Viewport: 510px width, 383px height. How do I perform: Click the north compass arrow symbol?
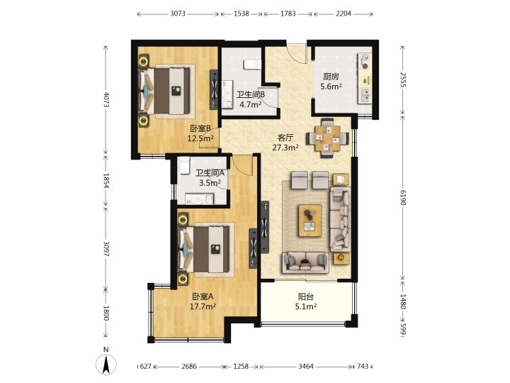[x=106, y=364]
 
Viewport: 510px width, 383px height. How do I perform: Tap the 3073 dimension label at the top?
[x=178, y=13]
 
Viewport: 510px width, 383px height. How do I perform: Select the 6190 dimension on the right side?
[x=403, y=197]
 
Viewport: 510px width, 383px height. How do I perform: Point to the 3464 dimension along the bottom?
[x=306, y=367]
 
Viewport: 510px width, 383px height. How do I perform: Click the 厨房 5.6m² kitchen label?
[x=331, y=82]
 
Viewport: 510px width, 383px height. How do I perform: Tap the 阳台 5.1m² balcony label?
[x=306, y=301]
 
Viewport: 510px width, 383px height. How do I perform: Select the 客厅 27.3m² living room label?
[x=285, y=143]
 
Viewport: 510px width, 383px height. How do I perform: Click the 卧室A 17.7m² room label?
[x=203, y=301]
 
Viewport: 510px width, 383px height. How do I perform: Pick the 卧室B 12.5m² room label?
[x=200, y=133]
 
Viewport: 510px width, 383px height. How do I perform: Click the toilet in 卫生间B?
[x=252, y=65]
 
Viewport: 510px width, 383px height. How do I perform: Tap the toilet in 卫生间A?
[x=184, y=165]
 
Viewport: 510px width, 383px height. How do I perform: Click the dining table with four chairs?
[x=327, y=138]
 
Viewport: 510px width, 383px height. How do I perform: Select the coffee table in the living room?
[x=310, y=221]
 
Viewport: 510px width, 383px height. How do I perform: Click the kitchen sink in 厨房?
[x=365, y=95]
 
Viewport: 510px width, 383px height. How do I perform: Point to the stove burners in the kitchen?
[x=365, y=62]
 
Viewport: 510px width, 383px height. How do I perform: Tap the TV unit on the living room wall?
[x=265, y=227]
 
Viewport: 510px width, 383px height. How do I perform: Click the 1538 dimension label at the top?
[x=242, y=13]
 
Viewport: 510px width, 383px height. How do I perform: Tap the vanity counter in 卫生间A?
[x=199, y=199]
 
